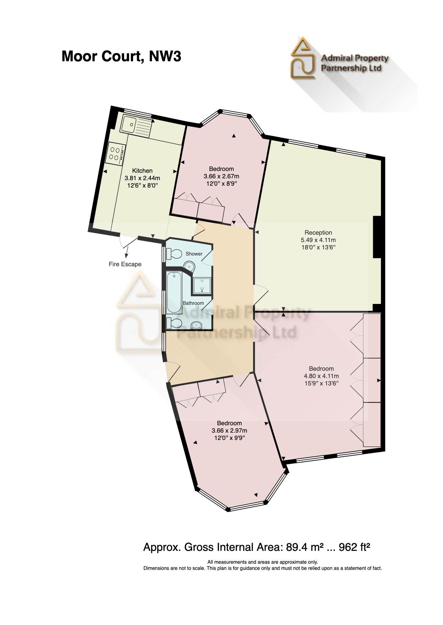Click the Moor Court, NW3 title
[121, 57]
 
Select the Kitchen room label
[142, 171]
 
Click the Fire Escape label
[125, 264]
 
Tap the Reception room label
[318, 233]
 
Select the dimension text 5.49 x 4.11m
[318, 240]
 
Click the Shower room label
[194, 254]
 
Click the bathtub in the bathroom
[174, 293]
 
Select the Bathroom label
[193, 303]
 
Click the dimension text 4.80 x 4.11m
[321, 376]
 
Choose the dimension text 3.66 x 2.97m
[229, 430]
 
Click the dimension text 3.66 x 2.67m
[221, 176]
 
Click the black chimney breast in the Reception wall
[377, 237]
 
